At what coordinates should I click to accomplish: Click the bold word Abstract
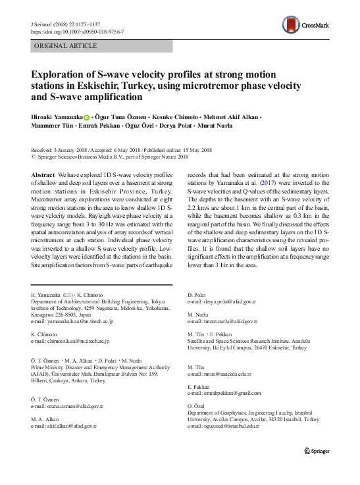click(43, 169)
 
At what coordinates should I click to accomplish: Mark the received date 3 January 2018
click(70, 150)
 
